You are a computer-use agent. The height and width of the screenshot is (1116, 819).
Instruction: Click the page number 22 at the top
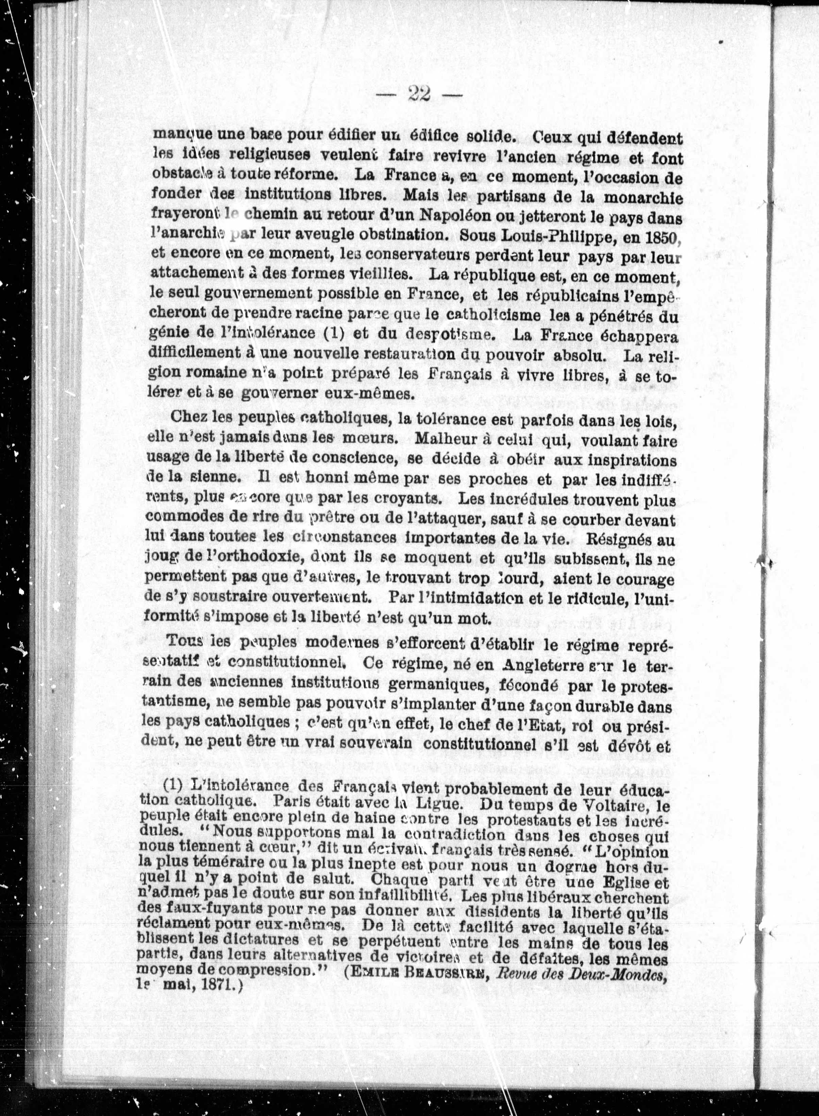point(419,93)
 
